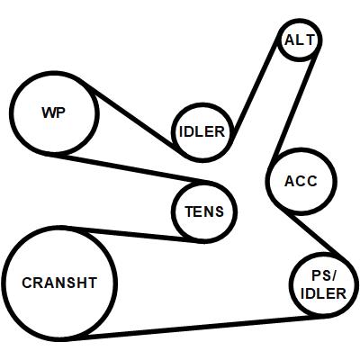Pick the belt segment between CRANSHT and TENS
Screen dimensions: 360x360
coord(132,234)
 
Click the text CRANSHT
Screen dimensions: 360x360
coord(59,283)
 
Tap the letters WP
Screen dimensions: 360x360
coord(53,112)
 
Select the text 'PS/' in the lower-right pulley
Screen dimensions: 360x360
coord(323,276)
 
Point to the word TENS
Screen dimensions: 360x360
coord(204,211)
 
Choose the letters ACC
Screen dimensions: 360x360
coord(301,181)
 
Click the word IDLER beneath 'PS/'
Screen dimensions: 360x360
coord(323,293)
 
